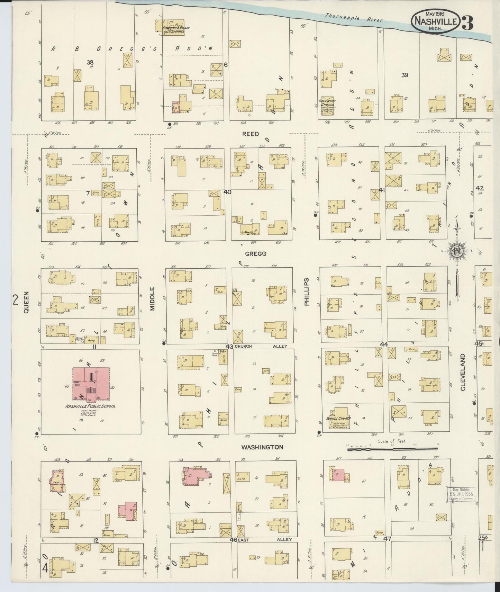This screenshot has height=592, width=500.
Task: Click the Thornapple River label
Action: pyautogui.click(x=354, y=18)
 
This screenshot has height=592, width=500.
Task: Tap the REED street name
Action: pyautogui.click(x=250, y=134)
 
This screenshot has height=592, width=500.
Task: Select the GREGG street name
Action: pyautogui.click(x=255, y=254)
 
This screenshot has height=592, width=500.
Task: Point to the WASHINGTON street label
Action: pyautogui.click(x=262, y=447)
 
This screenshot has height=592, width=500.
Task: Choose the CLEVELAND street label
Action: pyautogui.click(x=463, y=372)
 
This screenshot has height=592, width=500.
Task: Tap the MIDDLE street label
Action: pyautogui.click(x=153, y=298)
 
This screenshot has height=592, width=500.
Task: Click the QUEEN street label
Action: pyautogui.click(x=27, y=302)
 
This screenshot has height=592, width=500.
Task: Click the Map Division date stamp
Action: pyautogui.click(x=461, y=494)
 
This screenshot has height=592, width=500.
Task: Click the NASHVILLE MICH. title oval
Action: pyautogui.click(x=436, y=21)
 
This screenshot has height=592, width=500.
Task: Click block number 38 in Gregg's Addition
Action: pyautogui.click(x=90, y=62)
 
